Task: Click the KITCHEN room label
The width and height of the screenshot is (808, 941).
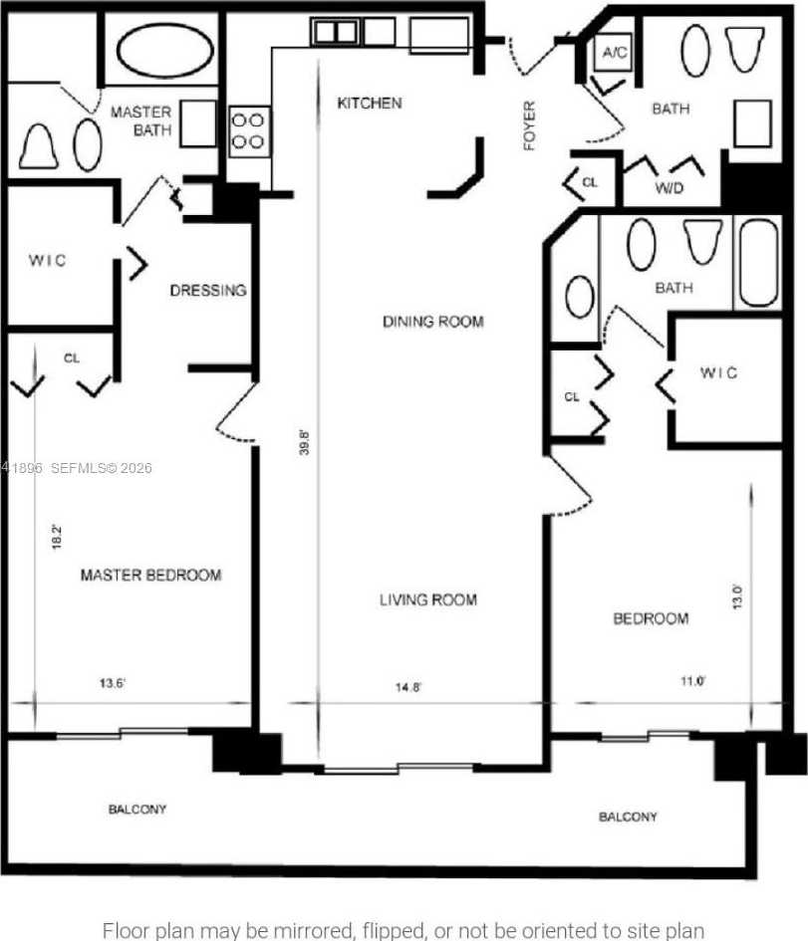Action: pos(369,103)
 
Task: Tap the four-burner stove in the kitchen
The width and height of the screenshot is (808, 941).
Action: pos(249,130)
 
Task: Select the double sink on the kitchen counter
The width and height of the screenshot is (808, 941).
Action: pos(335,32)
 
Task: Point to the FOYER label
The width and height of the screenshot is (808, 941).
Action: pos(529,125)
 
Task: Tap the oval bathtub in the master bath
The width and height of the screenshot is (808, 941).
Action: pos(164,48)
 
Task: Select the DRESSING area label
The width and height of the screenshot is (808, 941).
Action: pos(207,291)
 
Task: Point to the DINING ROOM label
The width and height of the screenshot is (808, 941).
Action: pos(432,322)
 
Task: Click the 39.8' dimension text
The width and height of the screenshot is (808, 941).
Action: pos(305,442)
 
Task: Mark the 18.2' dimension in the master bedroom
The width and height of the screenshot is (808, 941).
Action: pos(59,537)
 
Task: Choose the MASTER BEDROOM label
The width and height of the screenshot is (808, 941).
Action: pos(150,575)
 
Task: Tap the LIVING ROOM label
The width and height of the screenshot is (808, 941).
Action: pos(427,599)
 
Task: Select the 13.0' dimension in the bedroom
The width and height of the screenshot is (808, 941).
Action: pos(736,597)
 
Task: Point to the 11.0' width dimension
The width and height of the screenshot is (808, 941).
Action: pos(692,681)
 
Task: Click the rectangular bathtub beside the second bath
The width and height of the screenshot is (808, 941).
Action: pos(758,263)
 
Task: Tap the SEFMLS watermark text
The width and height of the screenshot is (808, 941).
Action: pos(100,467)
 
